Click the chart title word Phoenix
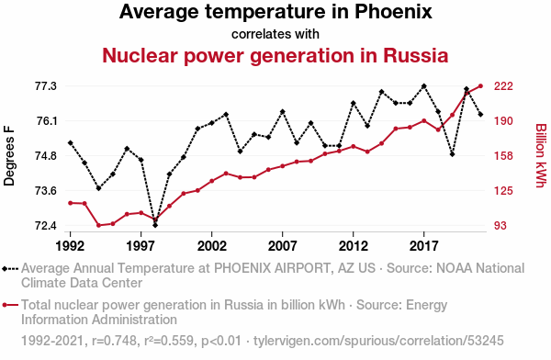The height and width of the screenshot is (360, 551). pos(393,12)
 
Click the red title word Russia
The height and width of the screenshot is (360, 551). pos(415,55)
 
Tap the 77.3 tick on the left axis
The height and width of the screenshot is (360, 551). pos(46,86)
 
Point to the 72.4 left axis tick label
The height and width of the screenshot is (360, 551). pos(46,225)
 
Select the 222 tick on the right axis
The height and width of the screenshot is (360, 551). pos(503,86)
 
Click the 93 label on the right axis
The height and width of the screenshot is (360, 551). pos(500,225)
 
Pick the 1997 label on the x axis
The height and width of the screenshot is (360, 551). pos(141,246)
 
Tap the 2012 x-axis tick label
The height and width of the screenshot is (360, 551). pos(354,246)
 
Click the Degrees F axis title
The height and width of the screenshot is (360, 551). pos(9,156)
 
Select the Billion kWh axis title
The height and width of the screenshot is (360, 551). pos(541,155)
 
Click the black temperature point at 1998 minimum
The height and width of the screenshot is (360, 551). pos(155,225)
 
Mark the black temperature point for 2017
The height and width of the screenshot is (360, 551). pos(423,86)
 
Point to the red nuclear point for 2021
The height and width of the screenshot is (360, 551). pos(480,86)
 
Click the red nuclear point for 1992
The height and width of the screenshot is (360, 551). pos(71,203)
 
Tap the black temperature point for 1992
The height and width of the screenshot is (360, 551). pos(71,142)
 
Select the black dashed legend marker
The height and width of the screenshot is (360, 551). pos(10,269)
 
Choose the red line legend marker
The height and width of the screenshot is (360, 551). pos(10,305)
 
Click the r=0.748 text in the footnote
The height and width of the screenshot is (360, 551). pos(114,341)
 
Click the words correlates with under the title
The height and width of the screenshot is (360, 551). pos(275,35)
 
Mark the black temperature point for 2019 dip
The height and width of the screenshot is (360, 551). pos(452,154)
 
